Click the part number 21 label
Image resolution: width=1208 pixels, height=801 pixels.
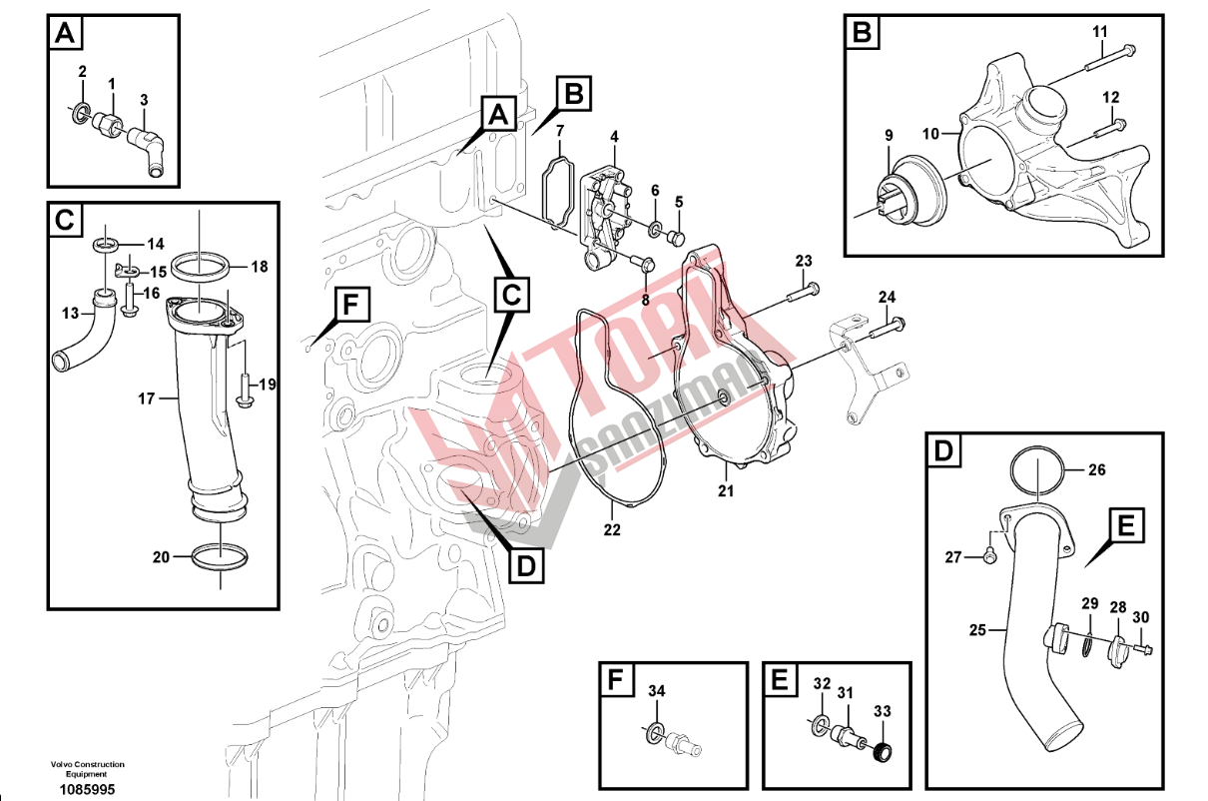pos(726,490)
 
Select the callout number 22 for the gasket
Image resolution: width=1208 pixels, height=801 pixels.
pos(611,529)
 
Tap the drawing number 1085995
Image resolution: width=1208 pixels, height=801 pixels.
pos(88,789)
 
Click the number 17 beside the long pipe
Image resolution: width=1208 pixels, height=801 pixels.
pos(147,399)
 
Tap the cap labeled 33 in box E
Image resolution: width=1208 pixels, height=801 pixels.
pos(882,752)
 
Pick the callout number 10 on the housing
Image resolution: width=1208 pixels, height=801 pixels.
pos(929,133)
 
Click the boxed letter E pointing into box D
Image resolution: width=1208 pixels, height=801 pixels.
pos(1123,526)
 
